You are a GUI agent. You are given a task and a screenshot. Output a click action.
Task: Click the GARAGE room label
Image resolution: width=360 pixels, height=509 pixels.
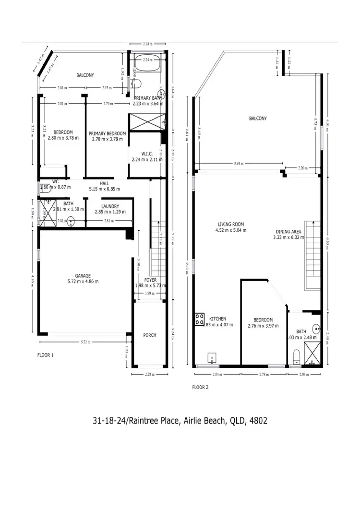[83, 276]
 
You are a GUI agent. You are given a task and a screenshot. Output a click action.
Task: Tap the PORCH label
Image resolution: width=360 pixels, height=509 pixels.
[150, 335]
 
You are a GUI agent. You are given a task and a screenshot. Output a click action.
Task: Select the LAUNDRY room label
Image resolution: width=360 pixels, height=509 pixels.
[107, 207]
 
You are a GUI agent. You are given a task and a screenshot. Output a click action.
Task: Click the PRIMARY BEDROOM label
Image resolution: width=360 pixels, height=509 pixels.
[107, 133]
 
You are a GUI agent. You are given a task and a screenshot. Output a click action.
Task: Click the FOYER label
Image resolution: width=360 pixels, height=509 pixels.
[150, 280]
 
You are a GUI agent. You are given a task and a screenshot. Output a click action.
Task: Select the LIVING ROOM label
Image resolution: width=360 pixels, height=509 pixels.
[231, 224]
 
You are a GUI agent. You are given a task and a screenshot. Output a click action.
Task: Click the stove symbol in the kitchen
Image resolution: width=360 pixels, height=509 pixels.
[200, 320]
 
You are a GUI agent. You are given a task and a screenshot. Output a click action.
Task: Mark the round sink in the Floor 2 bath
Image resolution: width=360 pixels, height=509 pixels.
[316, 330]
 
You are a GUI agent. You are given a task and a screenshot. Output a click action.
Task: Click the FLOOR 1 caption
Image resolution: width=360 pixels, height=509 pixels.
[46, 355]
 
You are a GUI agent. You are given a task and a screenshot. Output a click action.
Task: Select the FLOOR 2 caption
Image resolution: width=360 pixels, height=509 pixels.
[200, 387]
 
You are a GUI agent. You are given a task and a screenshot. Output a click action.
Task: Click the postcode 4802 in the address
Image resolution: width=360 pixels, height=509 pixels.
[256, 421]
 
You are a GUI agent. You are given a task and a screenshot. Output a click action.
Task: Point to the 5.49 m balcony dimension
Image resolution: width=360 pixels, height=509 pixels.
[239, 164]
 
